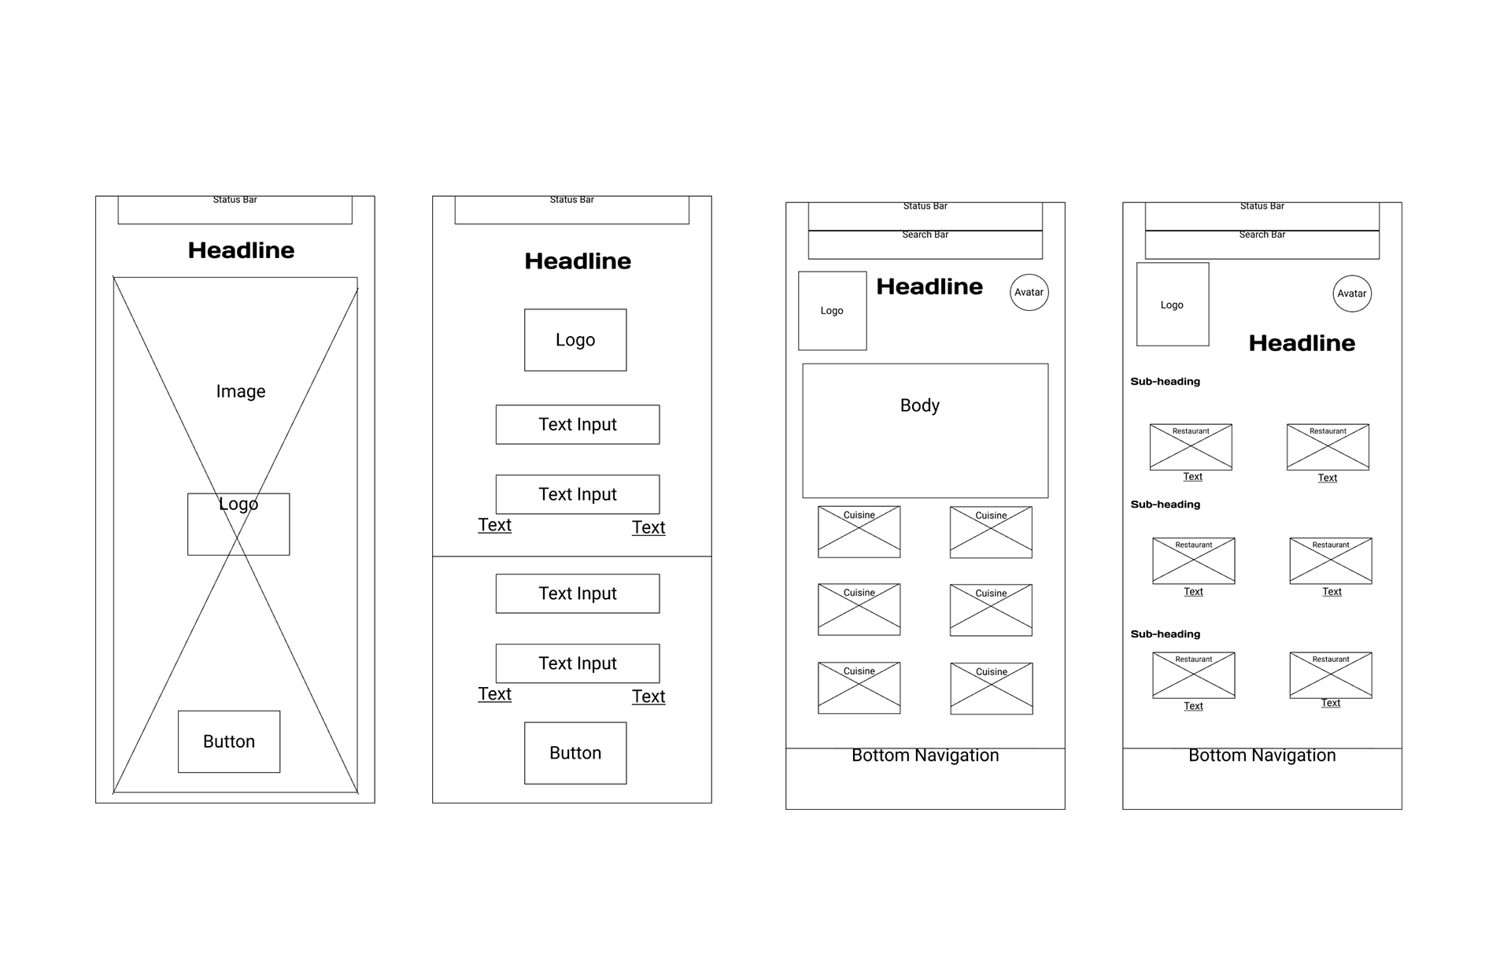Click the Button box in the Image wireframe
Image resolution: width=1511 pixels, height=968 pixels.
coord(229,741)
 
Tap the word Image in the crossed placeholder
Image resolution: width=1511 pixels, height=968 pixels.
coord(241,391)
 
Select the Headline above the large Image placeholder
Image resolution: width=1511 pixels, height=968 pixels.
coord(241,250)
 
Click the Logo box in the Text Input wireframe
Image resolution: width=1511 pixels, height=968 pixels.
coord(575,340)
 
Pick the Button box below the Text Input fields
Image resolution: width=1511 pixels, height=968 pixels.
coord(575,753)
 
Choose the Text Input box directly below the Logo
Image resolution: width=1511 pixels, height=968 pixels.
coord(578,425)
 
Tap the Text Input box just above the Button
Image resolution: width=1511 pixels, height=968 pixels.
coord(578,663)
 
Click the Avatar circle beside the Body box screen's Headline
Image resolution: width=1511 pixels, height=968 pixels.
coord(1029,292)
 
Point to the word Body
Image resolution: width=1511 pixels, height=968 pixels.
coord(920,405)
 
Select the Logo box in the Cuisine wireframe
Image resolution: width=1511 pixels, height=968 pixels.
coord(832,311)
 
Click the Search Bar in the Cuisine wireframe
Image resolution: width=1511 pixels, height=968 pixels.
coord(925,245)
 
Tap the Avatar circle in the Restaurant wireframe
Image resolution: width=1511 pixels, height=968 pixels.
coord(1352,294)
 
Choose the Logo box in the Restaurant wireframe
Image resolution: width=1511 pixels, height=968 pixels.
coord(1173,305)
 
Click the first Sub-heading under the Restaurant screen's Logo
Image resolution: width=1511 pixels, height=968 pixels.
coord(1166,382)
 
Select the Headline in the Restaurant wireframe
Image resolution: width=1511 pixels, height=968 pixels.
coord(1302,343)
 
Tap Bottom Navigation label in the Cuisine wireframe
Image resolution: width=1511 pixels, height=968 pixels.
coord(925,756)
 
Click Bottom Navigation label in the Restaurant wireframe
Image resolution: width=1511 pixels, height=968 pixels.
coord(1262,756)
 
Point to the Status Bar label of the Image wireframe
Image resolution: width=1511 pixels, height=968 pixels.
coord(235,200)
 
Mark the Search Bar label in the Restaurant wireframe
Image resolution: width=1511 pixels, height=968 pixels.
coord(1262,235)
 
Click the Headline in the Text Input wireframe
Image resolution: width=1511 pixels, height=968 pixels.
coord(578,261)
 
